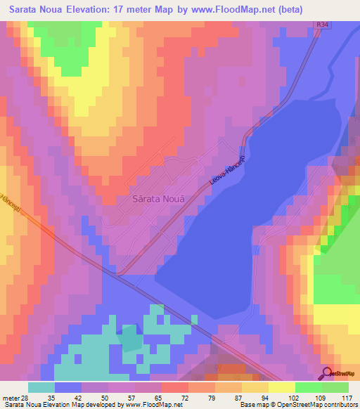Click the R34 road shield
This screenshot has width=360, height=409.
(x=322, y=25)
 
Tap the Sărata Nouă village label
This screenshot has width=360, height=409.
(x=159, y=199)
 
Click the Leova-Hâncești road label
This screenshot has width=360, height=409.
(x=229, y=169)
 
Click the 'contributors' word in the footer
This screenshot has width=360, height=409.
(x=340, y=404)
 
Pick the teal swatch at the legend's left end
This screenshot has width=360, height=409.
(x=41, y=387)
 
